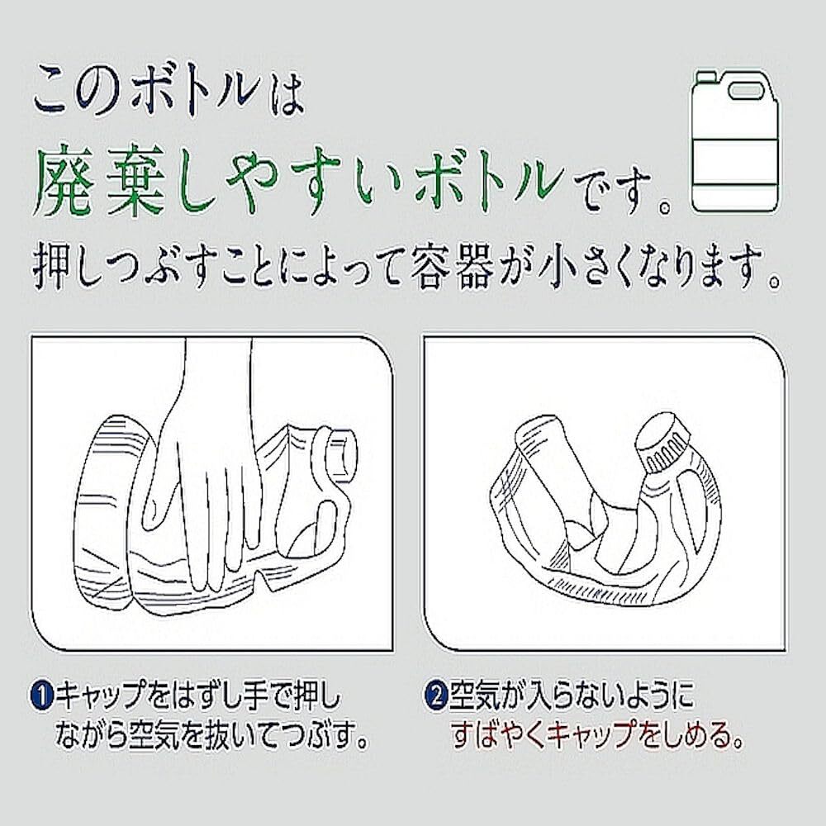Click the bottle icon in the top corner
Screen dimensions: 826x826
pyautogui.click(x=733, y=140)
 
